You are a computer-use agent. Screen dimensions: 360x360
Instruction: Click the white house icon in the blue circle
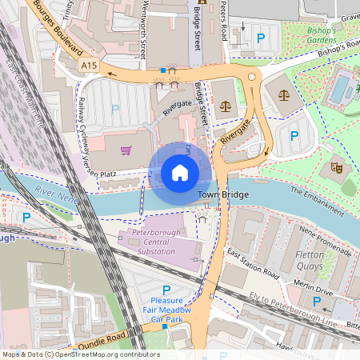pyautogui.click(x=180, y=172)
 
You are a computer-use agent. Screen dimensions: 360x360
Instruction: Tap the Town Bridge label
pyautogui.click(x=223, y=194)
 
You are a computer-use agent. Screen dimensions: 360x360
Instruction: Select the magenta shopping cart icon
pyautogui.click(x=126, y=149)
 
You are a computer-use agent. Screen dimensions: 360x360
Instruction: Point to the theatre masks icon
pyautogui.click(x=336, y=168)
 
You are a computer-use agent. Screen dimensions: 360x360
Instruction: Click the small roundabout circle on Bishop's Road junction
pyautogui.click(x=252, y=77)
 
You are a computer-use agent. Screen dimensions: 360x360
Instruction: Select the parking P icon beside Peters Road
pyautogui.click(x=261, y=37)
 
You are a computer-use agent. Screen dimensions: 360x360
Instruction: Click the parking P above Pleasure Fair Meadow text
pyautogui.click(x=166, y=290)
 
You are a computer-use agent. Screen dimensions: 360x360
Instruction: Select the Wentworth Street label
pyautogui.click(x=143, y=32)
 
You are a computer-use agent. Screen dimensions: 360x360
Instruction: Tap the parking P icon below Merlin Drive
pyautogui.click(x=317, y=301)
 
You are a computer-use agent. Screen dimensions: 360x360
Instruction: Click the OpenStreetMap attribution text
pyautogui.click(x=81, y=354)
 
